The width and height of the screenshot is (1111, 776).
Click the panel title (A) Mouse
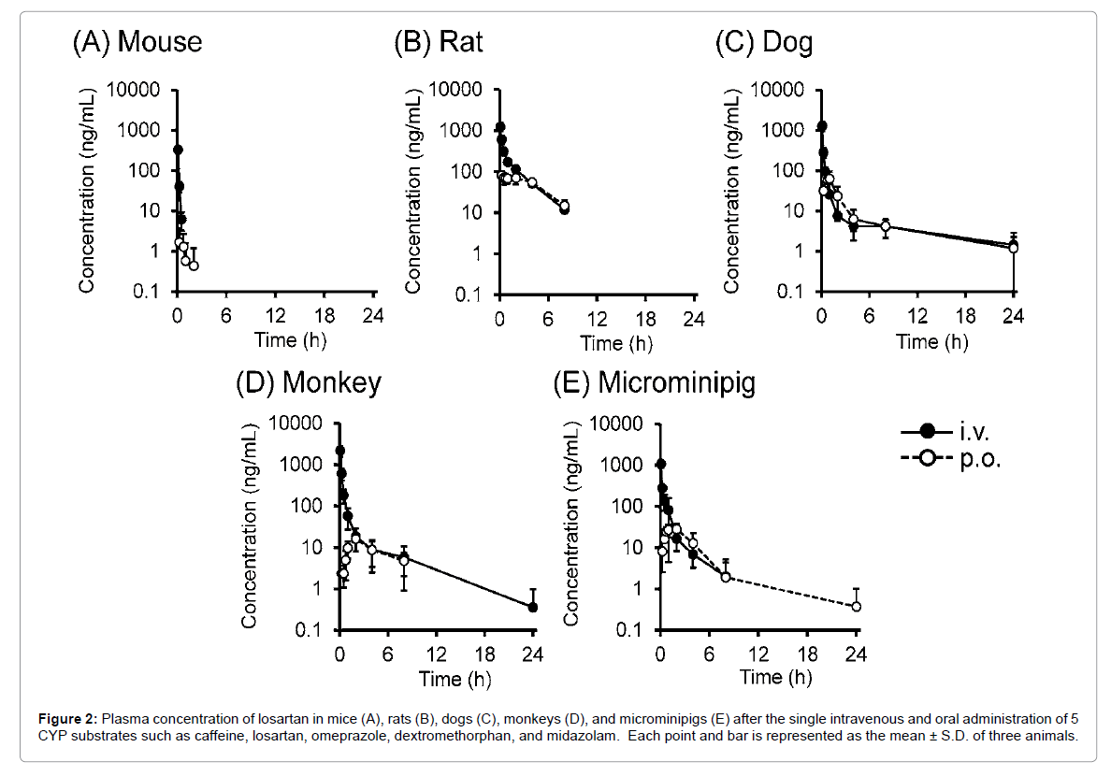[137, 42]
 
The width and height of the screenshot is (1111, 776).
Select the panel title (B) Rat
[438, 42]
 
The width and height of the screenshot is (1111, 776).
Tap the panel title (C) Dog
[763, 42]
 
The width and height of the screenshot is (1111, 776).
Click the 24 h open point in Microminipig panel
[856, 606]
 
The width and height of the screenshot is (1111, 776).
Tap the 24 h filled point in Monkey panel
[533, 607]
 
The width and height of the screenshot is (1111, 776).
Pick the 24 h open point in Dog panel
[1013, 248]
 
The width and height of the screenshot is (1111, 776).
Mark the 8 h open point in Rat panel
[564, 206]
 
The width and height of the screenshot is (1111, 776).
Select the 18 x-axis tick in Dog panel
[964, 316]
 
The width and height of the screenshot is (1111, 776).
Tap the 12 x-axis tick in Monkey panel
[436, 652]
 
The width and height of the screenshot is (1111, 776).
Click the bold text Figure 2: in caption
[67, 719]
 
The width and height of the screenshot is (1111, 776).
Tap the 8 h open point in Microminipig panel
[726, 577]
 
